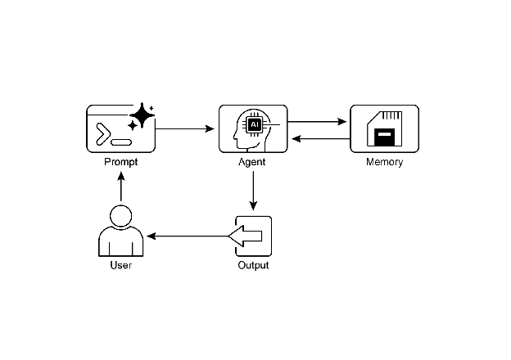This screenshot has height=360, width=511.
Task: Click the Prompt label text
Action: (121, 162)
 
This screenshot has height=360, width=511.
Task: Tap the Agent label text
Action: (253, 162)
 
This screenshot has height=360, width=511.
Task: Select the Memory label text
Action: (384, 162)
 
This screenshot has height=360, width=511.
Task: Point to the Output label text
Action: (253, 266)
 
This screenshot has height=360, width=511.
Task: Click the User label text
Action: (121, 266)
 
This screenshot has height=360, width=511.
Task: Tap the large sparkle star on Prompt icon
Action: (142, 116)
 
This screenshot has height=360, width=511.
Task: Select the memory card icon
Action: (384, 128)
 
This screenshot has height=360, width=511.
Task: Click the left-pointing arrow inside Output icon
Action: (246, 236)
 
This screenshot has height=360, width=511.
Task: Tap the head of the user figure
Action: (121, 216)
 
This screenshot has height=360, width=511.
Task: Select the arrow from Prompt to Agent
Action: (184, 128)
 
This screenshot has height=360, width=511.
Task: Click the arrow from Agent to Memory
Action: (319, 122)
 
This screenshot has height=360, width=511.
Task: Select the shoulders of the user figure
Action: (121, 244)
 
